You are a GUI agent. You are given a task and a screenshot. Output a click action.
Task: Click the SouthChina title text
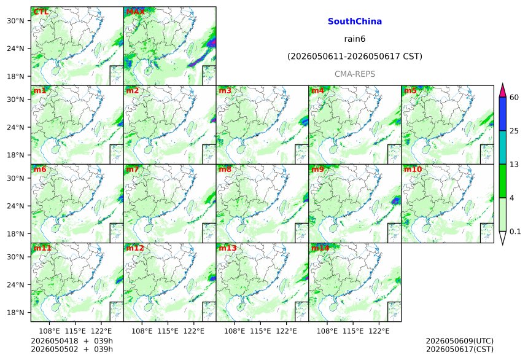355,22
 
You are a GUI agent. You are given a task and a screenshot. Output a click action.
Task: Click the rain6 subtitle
355,39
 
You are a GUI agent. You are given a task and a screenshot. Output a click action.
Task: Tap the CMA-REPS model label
355,74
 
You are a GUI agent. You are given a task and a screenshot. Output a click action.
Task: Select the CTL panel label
41,12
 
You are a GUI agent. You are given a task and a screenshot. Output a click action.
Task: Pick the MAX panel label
135,12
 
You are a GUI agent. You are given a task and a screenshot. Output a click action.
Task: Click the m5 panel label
410,91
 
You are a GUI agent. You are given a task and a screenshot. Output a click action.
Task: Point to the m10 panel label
413,169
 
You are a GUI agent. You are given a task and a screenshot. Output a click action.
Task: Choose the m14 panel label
320,248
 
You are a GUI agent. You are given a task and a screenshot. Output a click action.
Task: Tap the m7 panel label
133,169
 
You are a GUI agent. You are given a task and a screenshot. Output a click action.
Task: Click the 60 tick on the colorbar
514,98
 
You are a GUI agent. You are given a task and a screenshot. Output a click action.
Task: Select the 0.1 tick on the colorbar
515,231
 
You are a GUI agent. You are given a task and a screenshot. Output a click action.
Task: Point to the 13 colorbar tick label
514,164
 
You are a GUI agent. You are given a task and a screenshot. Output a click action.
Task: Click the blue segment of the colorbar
503,114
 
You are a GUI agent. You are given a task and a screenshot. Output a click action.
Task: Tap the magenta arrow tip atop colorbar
503,84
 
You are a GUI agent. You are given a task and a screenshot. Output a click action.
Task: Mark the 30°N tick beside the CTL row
15,20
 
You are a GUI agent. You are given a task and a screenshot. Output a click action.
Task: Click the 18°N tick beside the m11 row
15,313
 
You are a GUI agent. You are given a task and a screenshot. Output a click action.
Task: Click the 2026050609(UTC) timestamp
460,341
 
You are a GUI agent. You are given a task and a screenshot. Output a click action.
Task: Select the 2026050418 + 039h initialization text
72,341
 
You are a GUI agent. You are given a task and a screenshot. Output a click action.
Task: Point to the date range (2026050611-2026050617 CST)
355,57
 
